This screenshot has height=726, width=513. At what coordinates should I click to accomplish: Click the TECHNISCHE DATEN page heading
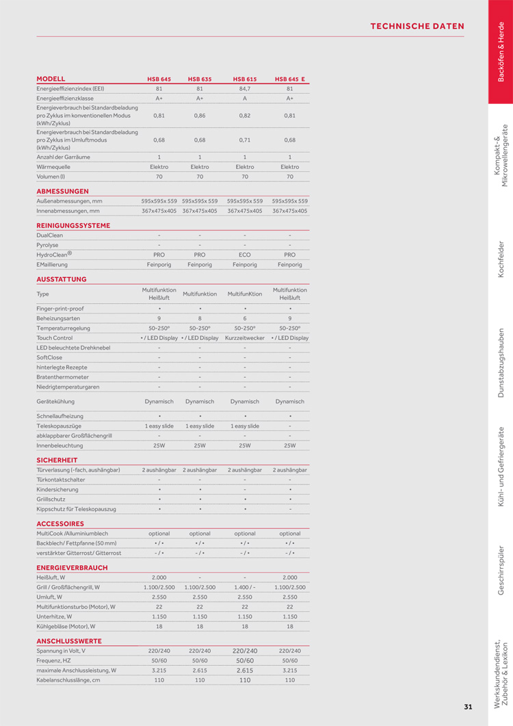tap(417, 27)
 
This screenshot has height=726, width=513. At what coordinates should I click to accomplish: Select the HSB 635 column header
tap(200, 79)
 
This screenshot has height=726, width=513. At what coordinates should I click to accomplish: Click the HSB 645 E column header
tap(290, 79)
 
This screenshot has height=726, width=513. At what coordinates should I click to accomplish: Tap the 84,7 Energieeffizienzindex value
tap(245, 89)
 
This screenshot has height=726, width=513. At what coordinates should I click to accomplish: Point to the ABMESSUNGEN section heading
tap(62, 191)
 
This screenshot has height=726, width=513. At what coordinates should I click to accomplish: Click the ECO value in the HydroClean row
tap(245, 255)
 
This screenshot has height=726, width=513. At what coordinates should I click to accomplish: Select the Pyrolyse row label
tap(47, 244)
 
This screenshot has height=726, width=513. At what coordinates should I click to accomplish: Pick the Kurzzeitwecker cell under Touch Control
tap(245, 338)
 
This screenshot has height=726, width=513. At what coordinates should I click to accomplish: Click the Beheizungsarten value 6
tap(245, 319)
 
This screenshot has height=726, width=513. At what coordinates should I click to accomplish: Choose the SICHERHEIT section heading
tap(57, 460)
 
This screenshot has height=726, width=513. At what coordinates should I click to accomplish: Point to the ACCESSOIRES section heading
tap(60, 523)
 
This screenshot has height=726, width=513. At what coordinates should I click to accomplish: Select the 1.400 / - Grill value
tap(245, 587)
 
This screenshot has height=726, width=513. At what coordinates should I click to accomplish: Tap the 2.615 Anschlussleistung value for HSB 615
tap(245, 671)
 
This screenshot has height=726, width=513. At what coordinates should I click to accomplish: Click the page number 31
tap(468, 707)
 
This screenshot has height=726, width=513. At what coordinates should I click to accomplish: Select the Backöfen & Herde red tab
tap(501, 52)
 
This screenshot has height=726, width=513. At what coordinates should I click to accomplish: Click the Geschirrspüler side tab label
tap(501, 569)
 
